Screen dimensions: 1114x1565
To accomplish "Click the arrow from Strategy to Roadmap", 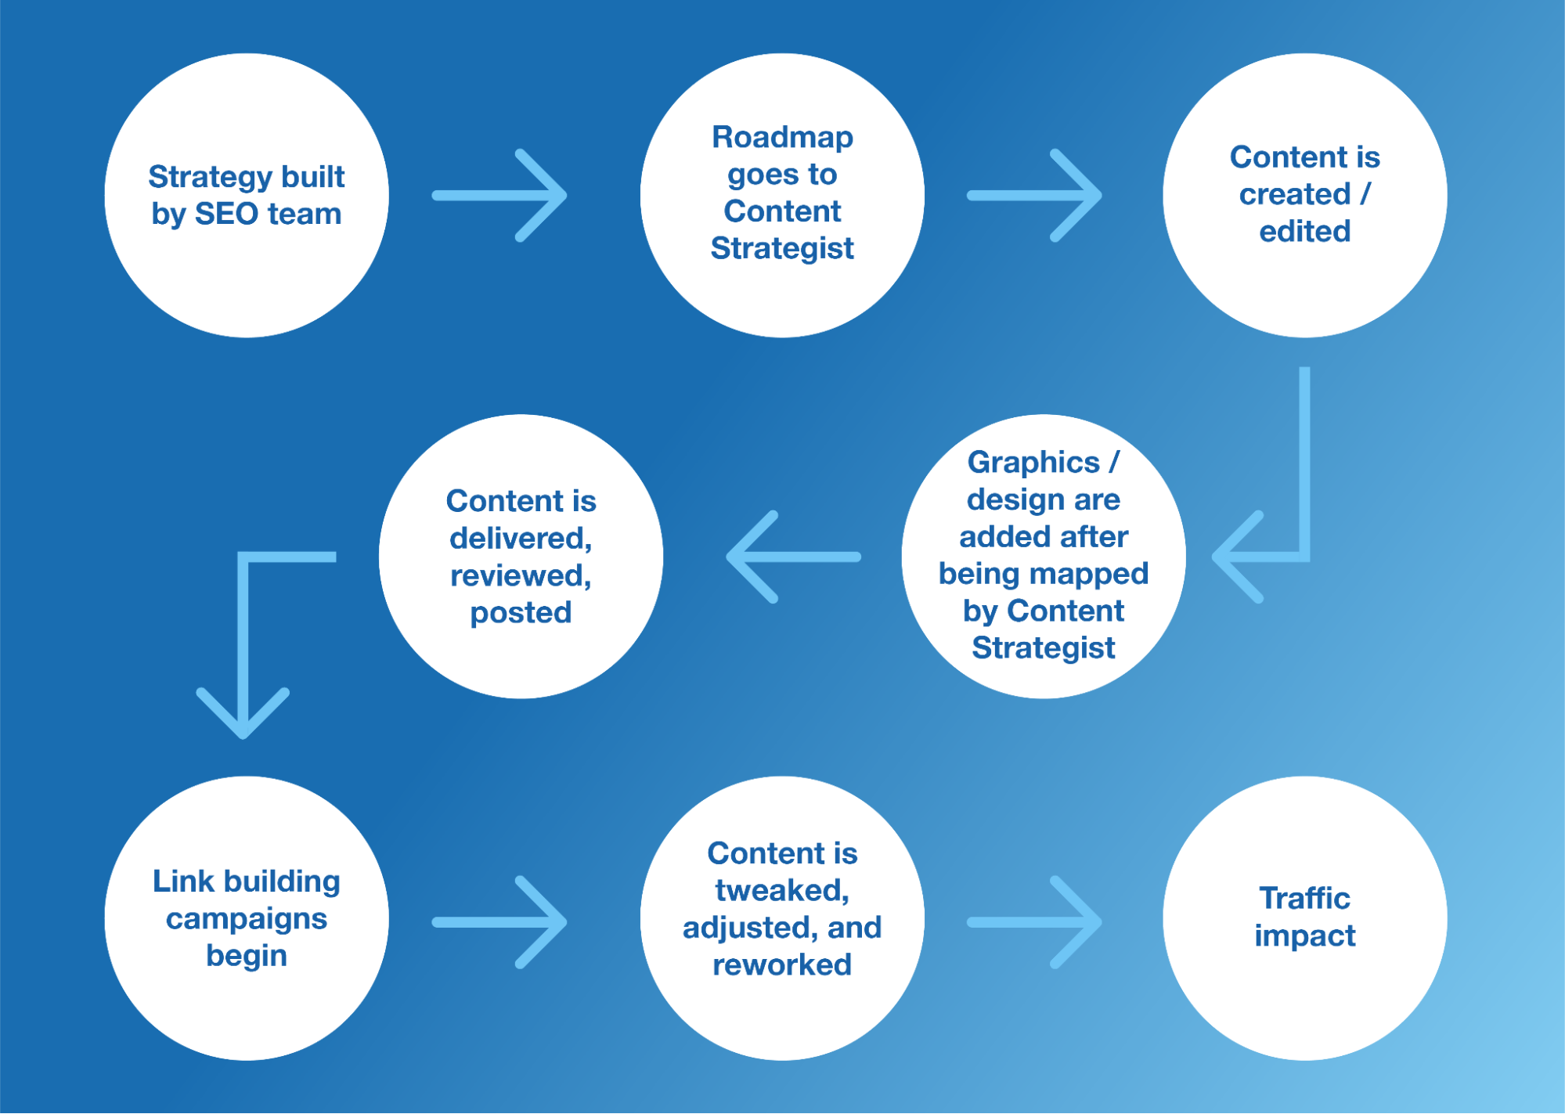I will pos(501,195).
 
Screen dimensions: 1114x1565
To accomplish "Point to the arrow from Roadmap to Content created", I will pos(1035,195).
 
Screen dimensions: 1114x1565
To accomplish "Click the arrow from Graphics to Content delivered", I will pos(792,557).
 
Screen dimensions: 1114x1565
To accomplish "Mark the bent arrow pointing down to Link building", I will pos(244,626).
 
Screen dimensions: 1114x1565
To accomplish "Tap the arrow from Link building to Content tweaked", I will pos(501,922).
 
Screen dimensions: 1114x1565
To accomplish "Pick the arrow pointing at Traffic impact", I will pos(1035,922).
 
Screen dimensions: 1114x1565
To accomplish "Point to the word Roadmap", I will pos(782,137).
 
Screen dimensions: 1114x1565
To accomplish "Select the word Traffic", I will pos(1304,898).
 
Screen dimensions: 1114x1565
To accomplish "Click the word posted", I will pos(521,612).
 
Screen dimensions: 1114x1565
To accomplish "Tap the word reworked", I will pos(782,964).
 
